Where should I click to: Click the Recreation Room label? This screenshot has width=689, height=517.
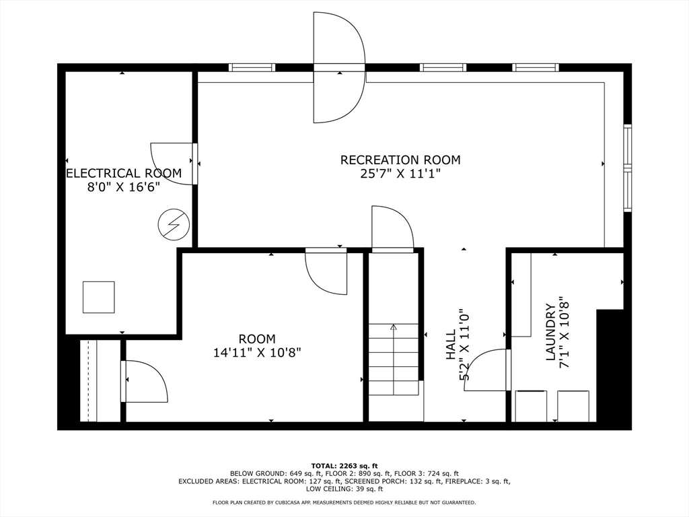[400, 160]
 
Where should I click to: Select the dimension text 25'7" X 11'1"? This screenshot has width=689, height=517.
[400, 174]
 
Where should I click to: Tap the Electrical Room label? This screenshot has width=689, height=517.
[124, 174]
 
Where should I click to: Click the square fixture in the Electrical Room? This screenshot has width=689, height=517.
[98, 297]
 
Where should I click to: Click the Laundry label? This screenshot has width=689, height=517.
[550, 333]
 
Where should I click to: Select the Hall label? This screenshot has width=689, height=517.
[451, 353]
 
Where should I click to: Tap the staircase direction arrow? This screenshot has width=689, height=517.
[394, 328]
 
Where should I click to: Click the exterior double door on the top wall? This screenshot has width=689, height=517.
[339, 67]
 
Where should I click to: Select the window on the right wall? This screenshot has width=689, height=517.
[627, 168]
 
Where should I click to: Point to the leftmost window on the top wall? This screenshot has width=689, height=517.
[252, 67]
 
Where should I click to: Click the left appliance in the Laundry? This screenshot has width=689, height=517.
[531, 406]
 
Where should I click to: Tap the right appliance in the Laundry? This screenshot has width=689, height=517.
[573, 406]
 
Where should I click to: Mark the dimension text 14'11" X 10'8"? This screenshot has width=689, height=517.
[256, 353]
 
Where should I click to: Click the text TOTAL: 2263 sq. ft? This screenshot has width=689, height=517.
[344, 466]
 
